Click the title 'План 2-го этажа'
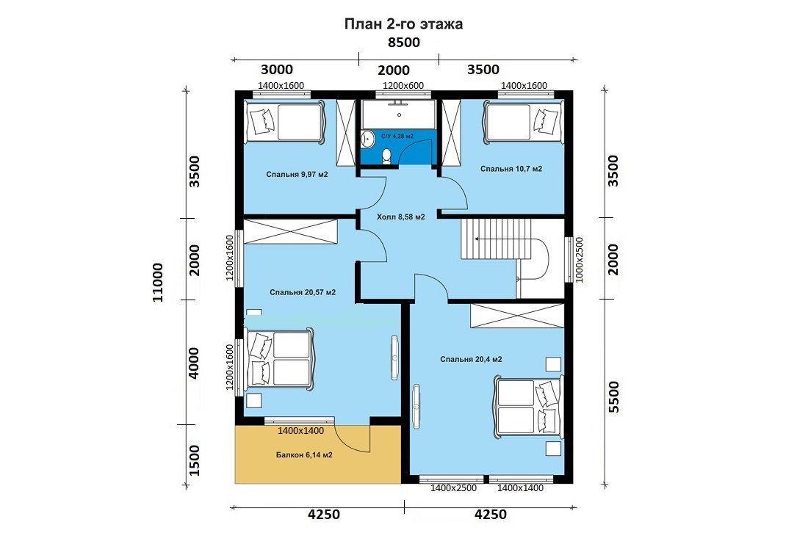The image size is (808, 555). pos(403,24)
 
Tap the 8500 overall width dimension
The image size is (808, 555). pos(403,43)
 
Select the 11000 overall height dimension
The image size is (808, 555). pos(158,283)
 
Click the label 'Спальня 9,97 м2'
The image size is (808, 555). pos(297,175)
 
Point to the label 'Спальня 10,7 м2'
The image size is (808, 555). pos(511,169)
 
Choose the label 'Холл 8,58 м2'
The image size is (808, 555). pos(401,217)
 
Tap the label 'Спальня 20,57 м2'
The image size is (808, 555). pos(303,292)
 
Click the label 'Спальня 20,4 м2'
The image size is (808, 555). pos(471,360)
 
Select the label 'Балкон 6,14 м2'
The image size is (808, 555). pos(304,455)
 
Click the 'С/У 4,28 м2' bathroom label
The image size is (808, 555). pos(397,137)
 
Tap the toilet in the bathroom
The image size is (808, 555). pos(386,156)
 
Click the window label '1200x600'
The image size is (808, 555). pos(403,85)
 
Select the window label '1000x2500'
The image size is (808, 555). pos(580,259)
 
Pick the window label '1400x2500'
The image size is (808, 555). pos(453,488)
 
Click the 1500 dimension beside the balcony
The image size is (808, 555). pos(194,460)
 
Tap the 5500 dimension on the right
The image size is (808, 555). pos(614,397)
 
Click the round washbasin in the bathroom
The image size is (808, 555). pos(367,138)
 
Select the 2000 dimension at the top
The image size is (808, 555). pos(394,70)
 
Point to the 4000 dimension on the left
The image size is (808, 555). pos(193,363)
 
